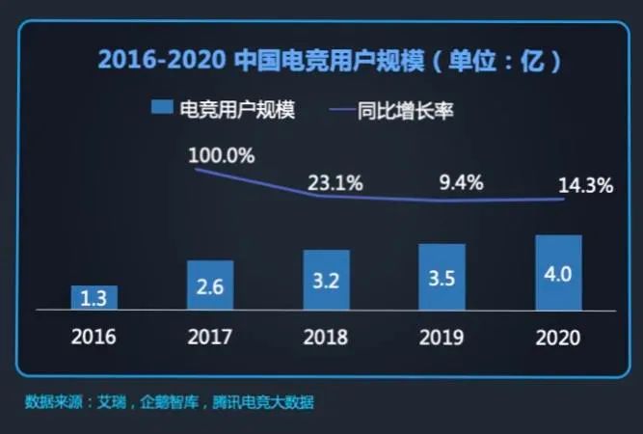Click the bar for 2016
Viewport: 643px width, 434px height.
(x=94, y=297)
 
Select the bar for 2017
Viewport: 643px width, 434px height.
(x=210, y=285)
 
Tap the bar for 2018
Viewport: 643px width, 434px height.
(x=326, y=280)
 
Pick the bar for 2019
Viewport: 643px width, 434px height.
(x=442, y=277)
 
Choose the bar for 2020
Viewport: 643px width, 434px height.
(x=559, y=272)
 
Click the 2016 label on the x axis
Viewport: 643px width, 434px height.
(x=94, y=338)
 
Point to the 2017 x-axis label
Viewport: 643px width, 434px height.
(x=210, y=338)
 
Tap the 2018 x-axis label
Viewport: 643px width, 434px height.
(x=326, y=338)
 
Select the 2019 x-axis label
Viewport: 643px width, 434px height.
(x=442, y=338)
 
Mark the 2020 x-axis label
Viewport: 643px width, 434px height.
(x=559, y=338)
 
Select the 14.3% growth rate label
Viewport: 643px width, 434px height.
(x=585, y=186)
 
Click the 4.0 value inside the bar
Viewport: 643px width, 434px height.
(x=559, y=274)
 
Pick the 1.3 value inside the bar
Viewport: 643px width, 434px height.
(x=94, y=299)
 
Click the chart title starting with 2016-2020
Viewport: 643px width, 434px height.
(x=329, y=62)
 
